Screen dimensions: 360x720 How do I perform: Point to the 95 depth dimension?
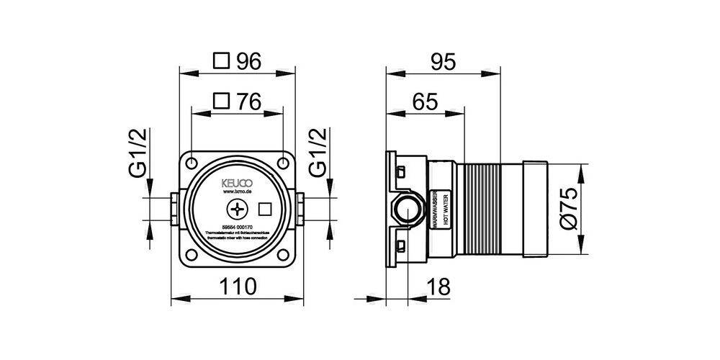click(444, 63)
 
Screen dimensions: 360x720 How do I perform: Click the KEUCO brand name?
click(237, 183)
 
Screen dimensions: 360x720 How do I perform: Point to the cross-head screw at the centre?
click(237, 210)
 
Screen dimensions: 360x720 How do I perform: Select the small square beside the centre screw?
click(264, 210)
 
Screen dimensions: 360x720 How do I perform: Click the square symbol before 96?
click(223, 63)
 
